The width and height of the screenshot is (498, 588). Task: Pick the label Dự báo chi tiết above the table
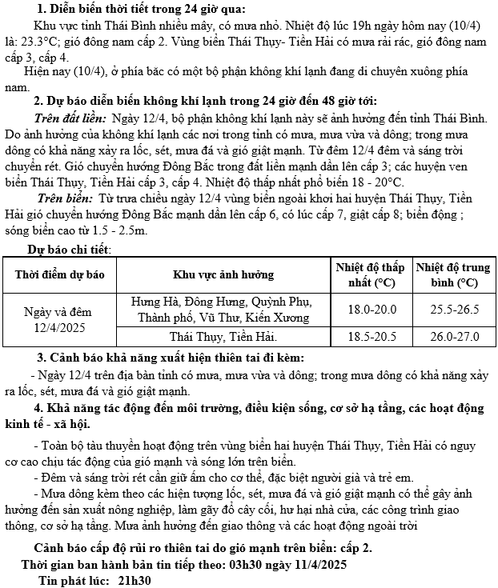[70, 249]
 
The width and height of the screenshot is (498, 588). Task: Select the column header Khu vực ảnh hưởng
[223, 274]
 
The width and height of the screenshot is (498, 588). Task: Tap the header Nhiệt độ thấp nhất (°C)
[370, 274]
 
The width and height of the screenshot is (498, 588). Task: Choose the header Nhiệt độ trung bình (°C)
[453, 274]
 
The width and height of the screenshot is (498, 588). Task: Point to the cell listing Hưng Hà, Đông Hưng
[223, 310]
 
